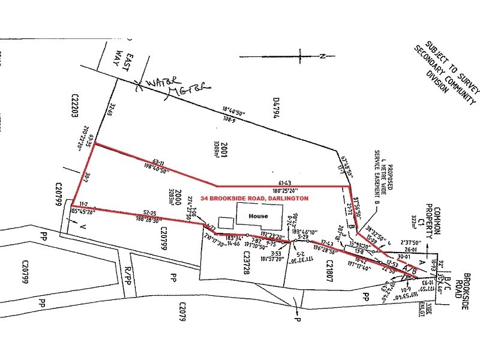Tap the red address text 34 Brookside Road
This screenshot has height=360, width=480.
point(255,197)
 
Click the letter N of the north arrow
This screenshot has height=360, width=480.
point(322,57)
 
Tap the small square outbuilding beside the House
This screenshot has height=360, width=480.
point(224,222)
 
